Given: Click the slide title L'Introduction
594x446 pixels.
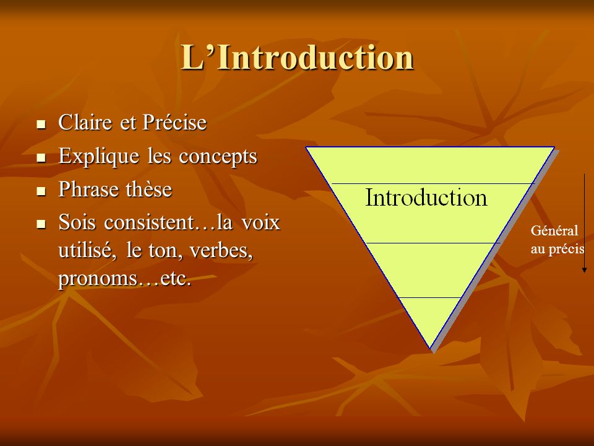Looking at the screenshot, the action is click(x=297, y=57).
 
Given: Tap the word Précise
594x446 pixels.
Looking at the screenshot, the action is click(x=174, y=122).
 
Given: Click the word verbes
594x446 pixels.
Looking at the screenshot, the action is click(x=222, y=251).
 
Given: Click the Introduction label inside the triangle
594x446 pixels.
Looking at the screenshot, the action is click(x=426, y=197).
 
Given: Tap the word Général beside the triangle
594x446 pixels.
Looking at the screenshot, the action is click(x=554, y=231).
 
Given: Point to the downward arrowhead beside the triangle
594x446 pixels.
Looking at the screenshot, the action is click(x=585, y=269).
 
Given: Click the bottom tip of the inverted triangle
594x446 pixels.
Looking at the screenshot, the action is click(x=431, y=349).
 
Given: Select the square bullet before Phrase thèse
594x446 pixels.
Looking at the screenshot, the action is click(x=41, y=191).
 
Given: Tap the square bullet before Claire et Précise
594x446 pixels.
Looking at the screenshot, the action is click(x=41, y=124).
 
